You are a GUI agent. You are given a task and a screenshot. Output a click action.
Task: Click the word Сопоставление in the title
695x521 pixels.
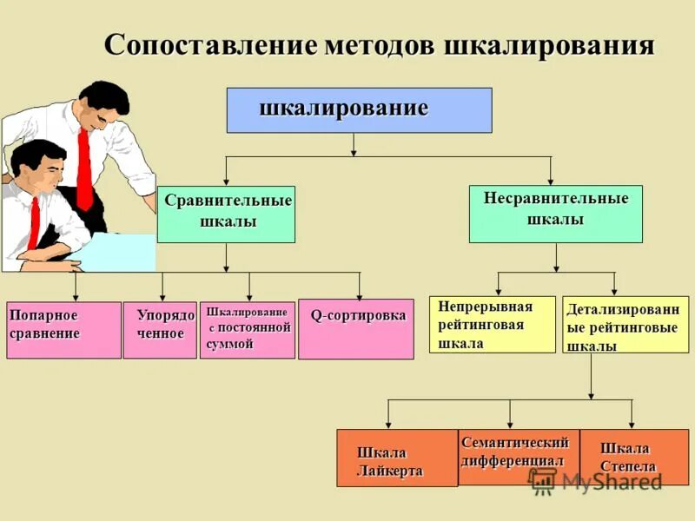click(x=211, y=44)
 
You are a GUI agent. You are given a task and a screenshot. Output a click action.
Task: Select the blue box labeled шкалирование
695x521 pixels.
click(x=359, y=110)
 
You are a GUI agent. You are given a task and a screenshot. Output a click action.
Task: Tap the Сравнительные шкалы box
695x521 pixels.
click(x=226, y=214)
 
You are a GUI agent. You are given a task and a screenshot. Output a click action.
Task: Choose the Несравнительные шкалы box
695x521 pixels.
click(x=555, y=214)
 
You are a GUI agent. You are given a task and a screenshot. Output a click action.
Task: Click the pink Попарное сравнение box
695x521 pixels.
click(x=63, y=330)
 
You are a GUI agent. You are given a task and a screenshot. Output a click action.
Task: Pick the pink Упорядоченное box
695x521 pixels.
click(x=160, y=330)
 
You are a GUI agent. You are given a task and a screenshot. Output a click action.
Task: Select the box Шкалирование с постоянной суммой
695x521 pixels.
click(x=247, y=330)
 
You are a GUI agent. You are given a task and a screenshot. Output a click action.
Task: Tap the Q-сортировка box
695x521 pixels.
click(x=355, y=329)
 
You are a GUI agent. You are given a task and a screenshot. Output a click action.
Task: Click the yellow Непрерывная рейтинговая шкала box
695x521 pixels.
click(x=492, y=325)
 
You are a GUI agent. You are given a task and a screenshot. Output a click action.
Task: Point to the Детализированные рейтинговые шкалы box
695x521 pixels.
click(x=625, y=325)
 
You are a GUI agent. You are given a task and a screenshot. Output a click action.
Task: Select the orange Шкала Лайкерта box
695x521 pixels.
click(x=396, y=458)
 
